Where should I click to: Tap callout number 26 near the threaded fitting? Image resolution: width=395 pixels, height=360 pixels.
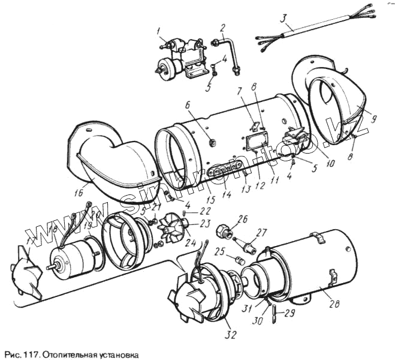point(243,218)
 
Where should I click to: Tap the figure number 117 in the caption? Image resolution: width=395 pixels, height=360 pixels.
point(29,354)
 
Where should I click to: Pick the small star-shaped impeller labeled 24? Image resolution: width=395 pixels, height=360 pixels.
point(170,227)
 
